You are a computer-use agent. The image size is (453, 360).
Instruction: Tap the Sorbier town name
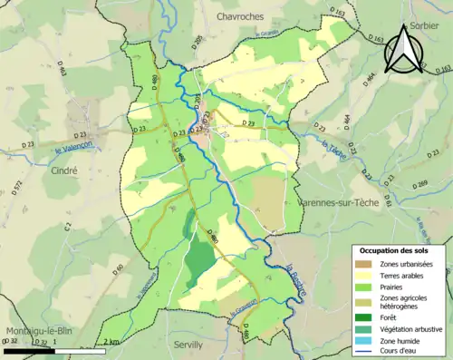click(429, 27)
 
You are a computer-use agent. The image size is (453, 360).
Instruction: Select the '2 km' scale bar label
click(111, 342)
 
